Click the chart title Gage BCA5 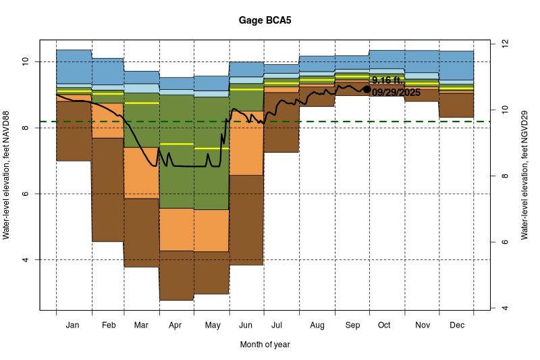(265, 20)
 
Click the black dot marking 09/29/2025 (367, 89)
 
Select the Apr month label (175, 326)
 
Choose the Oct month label (384, 326)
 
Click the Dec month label (456, 326)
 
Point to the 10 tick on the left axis (27, 61)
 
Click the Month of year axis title (265, 344)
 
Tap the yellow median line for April (176, 144)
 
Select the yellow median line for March (141, 103)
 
